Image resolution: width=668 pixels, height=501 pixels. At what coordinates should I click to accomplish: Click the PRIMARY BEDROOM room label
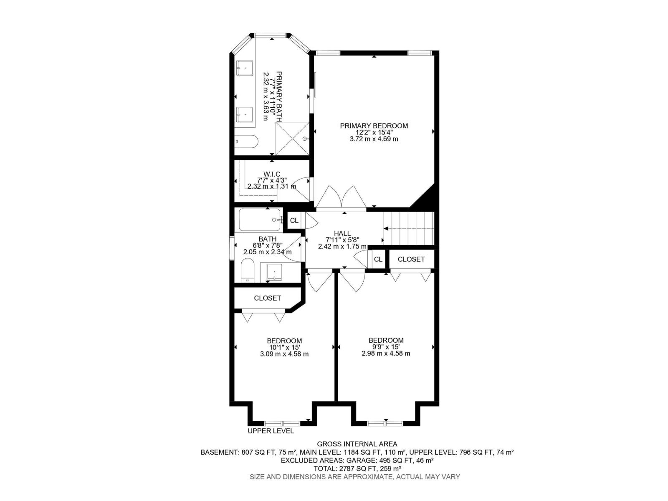point(374,126)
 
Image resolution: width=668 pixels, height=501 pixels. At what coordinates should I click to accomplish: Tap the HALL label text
point(342,233)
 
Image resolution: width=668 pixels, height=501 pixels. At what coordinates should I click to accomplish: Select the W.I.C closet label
point(272,174)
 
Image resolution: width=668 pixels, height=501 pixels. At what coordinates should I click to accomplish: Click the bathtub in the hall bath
point(260,220)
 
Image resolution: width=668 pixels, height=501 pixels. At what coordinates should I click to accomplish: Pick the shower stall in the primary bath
point(292,139)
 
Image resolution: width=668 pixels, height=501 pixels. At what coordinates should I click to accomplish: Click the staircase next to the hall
point(408,228)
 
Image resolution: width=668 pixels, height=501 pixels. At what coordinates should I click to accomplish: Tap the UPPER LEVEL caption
point(271,431)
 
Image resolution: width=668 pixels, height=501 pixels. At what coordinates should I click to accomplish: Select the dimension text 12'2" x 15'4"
point(374,132)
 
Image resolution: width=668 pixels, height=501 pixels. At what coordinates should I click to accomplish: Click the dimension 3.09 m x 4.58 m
point(284,354)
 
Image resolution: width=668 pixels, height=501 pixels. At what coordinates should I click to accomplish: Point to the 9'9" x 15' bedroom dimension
point(386,347)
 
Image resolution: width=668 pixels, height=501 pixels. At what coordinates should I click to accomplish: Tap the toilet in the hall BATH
point(248,271)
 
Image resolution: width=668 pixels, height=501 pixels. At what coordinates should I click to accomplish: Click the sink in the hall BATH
point(274,272)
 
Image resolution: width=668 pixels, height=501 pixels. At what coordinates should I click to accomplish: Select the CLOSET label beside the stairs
point(411,259)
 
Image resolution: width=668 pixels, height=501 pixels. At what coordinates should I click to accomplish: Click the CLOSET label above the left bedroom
point(267,298)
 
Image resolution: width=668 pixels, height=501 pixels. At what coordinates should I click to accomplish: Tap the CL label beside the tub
point(294,220)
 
